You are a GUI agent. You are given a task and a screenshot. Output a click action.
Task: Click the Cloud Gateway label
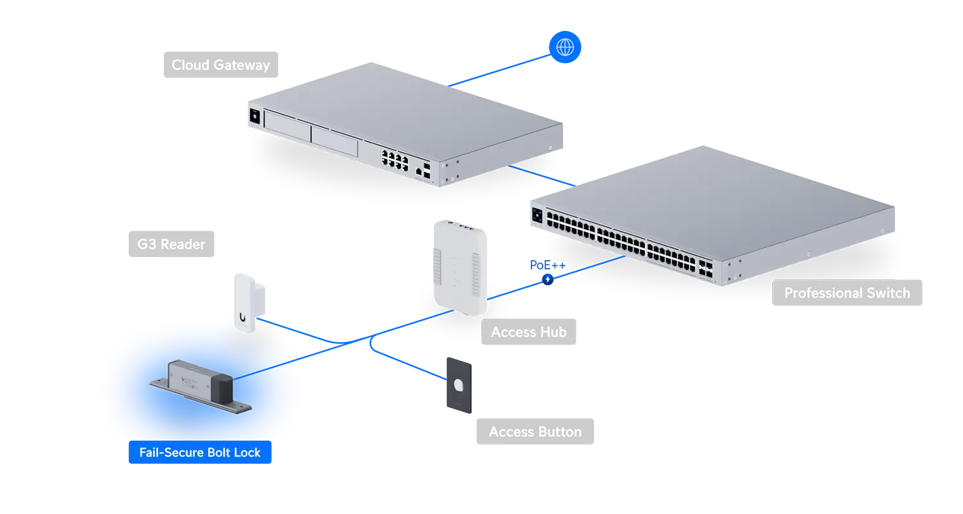pyautogui.click(x=221, y=64)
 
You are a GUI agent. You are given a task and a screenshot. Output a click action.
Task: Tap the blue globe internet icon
pyautogui.click(x=565, y=47)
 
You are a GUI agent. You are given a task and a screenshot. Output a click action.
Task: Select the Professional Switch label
pyautogui.click(x=847, y=293)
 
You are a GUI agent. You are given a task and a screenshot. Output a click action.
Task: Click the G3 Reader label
pyautogui.click(x=171, y=244)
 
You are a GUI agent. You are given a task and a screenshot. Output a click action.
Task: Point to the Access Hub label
pyautogui.click(x=528, y=332)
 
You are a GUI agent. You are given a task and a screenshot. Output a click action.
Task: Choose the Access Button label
pyautogui.click(x=535, y=431)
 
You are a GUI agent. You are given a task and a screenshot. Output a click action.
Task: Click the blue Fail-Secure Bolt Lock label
pyautogui.click(x=200, y=452)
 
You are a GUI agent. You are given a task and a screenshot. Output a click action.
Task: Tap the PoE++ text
pyautogui.click(x=547, y=265)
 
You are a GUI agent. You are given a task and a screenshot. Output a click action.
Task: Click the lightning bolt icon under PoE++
pyautogui.click(x=547, y=279)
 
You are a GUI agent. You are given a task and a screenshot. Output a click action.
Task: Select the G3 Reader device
pyautogui.click(x=249, y=303)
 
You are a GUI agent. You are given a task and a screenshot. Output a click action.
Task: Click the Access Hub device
pyautogui.click(x=460, y=267)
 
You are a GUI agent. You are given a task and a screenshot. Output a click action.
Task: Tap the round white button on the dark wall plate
pyautogui.click(x=459, y=385)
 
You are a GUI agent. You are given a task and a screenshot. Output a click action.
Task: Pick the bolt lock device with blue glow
pyautogui.click(x=201, y=386)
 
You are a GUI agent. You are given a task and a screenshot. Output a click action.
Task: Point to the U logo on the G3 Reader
pyautogui.click(x=243, y=317)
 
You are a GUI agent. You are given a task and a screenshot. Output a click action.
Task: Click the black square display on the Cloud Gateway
pyautogui.click(x=254, y=116)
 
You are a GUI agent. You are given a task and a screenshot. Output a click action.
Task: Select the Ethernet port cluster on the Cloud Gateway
pyautogui.click(x=395, y=160)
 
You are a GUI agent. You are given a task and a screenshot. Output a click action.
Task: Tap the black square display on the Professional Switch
pyautogui.click(x=537, y=215)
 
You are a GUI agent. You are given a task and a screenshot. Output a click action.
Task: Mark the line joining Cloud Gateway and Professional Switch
pyautogui.click(x=542, y=176)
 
